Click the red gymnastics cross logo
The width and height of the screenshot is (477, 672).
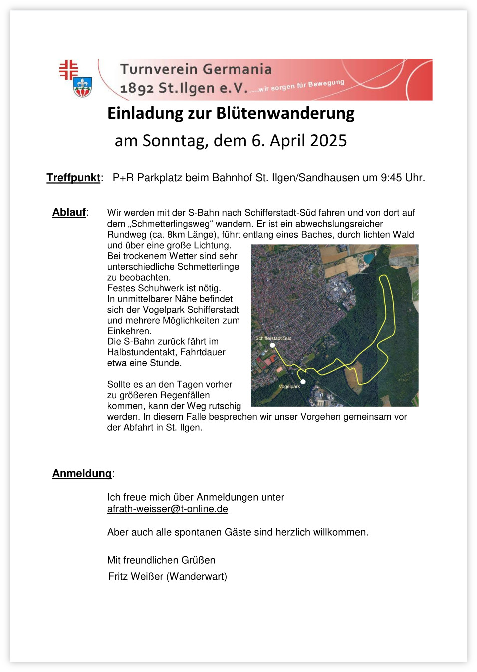[68, 69]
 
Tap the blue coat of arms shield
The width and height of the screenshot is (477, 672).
[82, 88]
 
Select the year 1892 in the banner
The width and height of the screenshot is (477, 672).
[137, 88]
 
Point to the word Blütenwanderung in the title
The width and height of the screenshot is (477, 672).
[285, 114]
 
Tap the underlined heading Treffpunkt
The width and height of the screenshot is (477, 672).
[73, 178]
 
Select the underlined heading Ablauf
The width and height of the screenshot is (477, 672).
[69, 212]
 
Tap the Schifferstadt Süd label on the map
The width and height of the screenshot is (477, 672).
[273, 338]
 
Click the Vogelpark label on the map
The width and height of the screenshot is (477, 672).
[289, 386]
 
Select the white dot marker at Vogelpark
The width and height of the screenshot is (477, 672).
[303, 382]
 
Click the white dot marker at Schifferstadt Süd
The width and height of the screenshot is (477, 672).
[272, 345]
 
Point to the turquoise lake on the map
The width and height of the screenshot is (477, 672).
[368, 258]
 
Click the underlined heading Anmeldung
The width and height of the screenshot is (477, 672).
[82, 474]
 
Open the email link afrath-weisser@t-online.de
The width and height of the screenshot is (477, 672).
[167, 509]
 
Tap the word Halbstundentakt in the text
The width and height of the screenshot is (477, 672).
[141, 352]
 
